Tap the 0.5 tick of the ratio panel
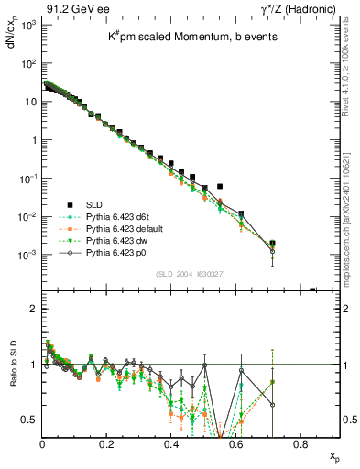[29, 420]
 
